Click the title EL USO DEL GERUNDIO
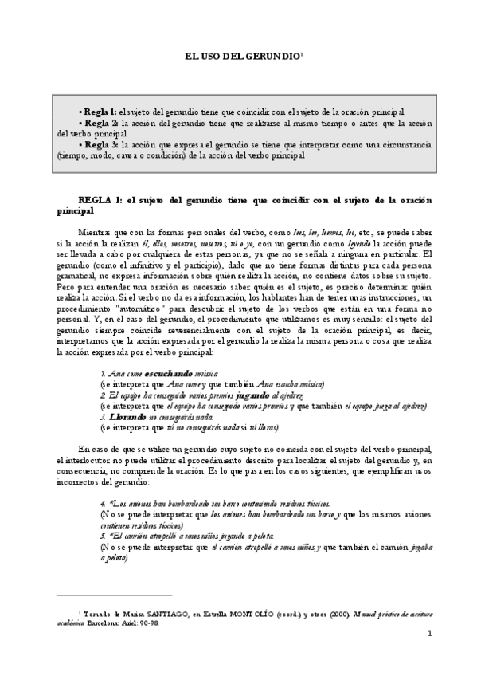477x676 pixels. tap(242, 57)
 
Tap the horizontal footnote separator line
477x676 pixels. tap(115, 594)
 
